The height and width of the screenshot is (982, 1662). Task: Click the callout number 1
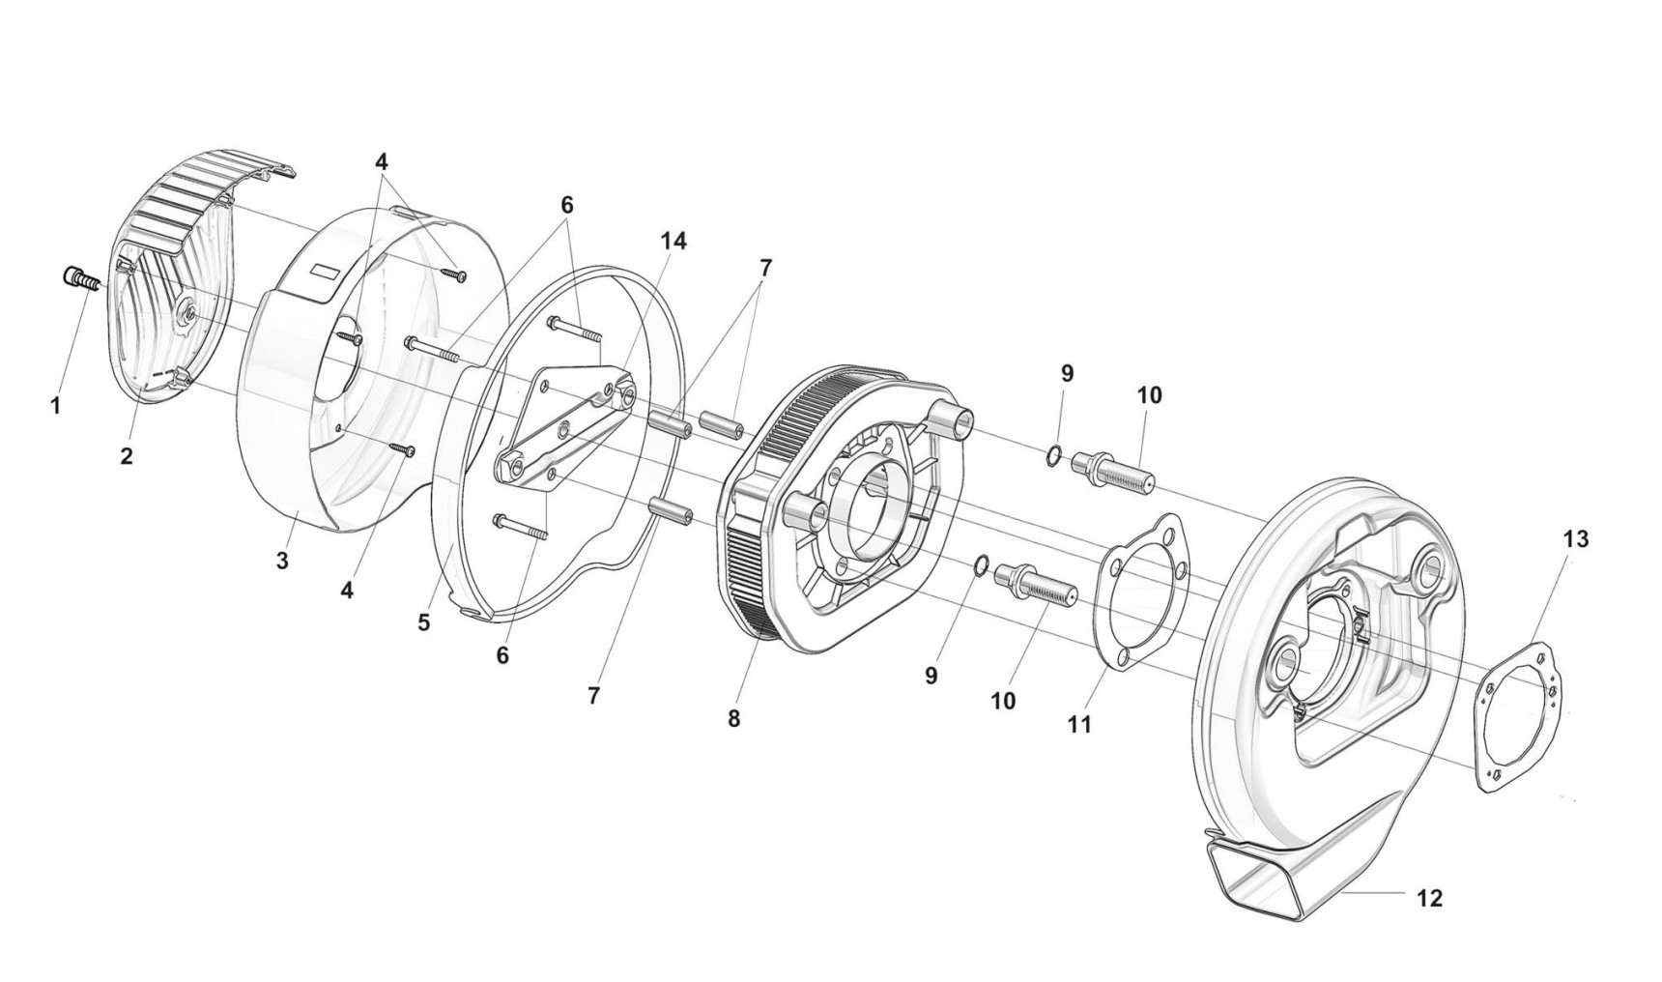(55, 407)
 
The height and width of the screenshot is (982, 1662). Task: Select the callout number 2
(127, 456)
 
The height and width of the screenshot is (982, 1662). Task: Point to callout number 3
(282, 561)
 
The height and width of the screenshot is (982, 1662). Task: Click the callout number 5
(424, 622)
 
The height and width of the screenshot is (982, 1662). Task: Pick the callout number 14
(673, 241)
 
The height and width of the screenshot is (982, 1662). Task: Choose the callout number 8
(734, 719)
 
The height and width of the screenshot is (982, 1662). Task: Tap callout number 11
(1079, 723)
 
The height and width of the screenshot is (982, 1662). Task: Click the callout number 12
(1429, 898)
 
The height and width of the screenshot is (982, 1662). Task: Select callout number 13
(1575, 539)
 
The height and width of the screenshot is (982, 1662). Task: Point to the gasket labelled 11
(1144, 590)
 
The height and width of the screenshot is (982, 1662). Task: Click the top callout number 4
(383, 160)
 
